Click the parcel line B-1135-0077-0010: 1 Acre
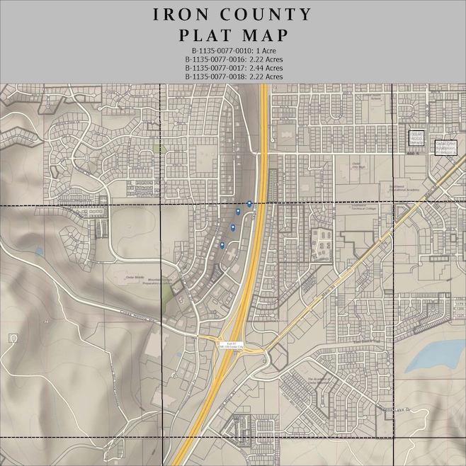coord(233,51)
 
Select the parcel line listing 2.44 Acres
coord(233,68)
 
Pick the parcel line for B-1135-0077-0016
coord(233,59)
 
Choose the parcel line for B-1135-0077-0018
coord(233,76)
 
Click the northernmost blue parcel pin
coord(249,204)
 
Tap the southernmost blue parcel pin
coord(222,245)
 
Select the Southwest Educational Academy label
coord(385,188)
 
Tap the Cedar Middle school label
coord(135,277)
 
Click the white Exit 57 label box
coord(230,343)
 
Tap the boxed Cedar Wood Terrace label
coord(416,139)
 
